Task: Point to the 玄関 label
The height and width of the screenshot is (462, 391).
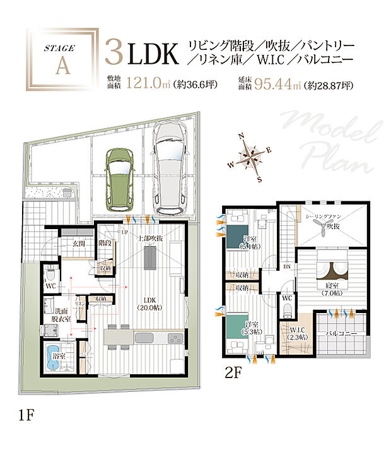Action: (x=79, y=243)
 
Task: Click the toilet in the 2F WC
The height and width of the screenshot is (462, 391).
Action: (x=288, y=309)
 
